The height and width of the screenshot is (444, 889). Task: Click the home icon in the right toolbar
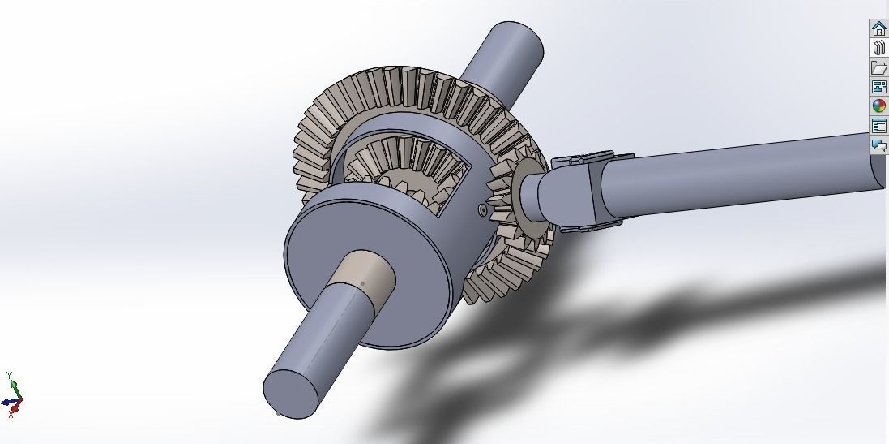click(x=878, y=28)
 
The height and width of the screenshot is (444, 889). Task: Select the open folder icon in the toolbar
click(x=878, y=67)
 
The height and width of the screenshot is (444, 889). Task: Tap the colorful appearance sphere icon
click(x=878, y=106)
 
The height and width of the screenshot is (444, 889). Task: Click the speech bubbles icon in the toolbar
click(x=878, y=145)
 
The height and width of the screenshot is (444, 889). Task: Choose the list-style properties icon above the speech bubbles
click(x=878, y=126)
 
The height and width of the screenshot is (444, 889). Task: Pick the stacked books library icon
click(x=878, y=48)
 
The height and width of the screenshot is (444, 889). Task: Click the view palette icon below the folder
click(x=878, y=87)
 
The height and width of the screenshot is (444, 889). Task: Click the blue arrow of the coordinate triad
click(x=6, y=402)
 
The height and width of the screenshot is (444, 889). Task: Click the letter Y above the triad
click(x=9, y=374)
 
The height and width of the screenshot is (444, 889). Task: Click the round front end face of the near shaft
click(x=291, y=394)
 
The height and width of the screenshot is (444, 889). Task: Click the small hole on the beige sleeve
click(x=362, y=283)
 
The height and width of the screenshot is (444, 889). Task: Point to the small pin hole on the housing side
click(x=484, y=210)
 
